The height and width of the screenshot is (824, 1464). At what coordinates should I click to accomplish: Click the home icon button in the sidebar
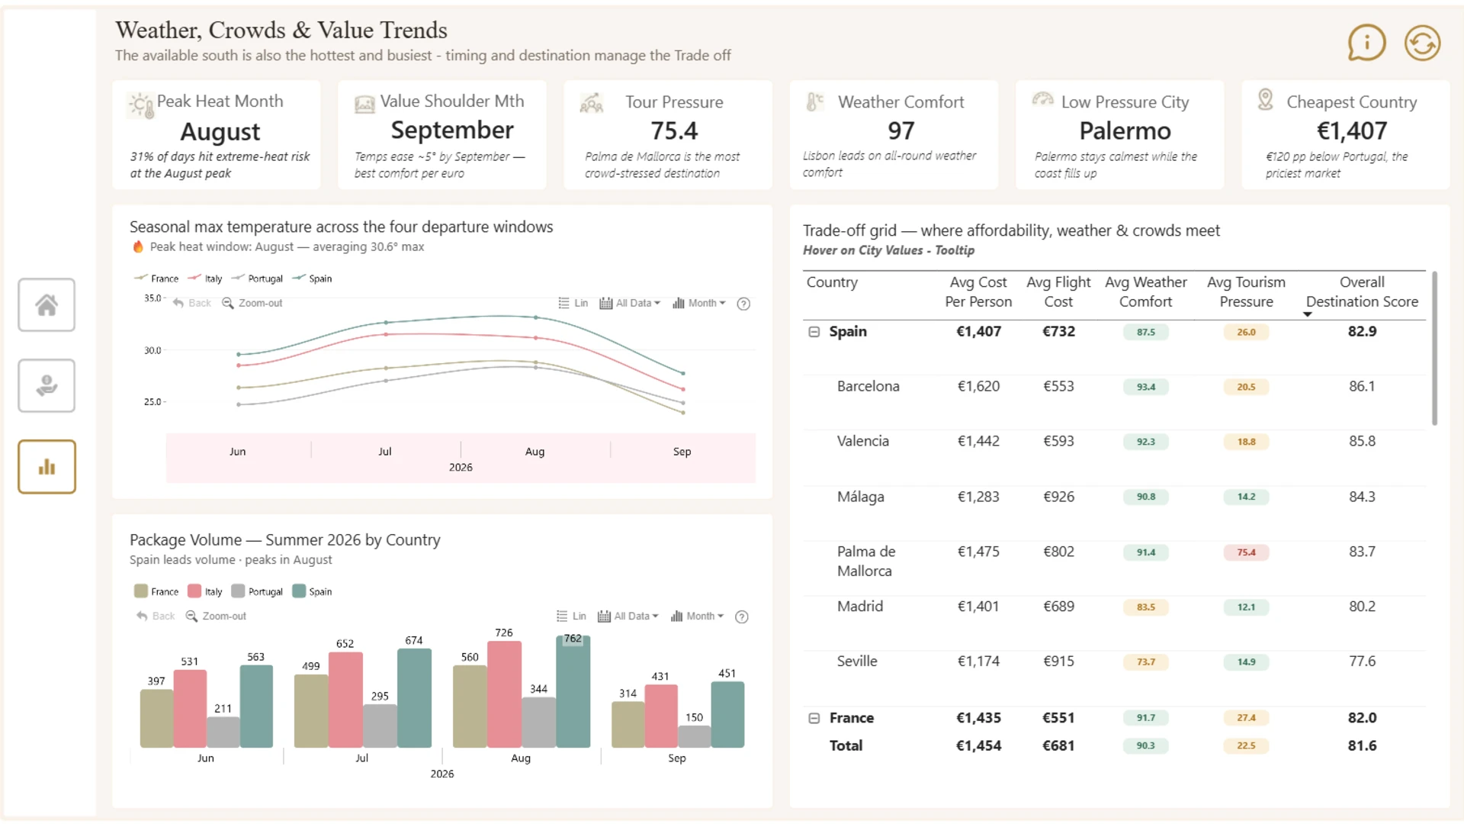pyautogui.click(x=47, y=305)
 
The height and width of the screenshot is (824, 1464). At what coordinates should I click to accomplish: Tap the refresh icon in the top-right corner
pyautogui.click(x=1422, y=43)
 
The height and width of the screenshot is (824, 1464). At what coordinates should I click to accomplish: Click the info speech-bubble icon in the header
pyautogui.click(x=1366, y=43)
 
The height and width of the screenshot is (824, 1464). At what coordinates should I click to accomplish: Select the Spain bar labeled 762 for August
pyautogui.click(x=573, y=691)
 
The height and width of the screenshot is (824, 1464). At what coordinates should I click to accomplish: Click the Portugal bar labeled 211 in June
pyautogui.click(x=223, y=732)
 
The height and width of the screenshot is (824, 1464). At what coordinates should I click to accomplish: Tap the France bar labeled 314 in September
pyautogui.click(x=628, y=724)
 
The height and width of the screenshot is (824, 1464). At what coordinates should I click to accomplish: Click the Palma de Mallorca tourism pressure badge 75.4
pyautogui.click(x=1246, y=552)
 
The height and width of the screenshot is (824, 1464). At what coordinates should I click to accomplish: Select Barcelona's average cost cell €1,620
pyautogui.click(x=978, y=387)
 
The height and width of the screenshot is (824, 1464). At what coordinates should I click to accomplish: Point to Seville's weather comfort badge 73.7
pyautogui.click(x=1145, y=662)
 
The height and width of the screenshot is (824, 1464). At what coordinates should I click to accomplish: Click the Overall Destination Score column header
pyautogui.click(x=1362, y=292)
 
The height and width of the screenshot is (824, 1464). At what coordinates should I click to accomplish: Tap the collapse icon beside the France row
pyautogui.click(x=814, y=718)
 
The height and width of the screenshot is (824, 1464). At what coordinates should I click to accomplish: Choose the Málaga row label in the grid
pyautogui.click(x=860, y=497)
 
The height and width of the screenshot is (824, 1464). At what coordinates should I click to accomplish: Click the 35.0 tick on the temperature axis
pyautogui.click(x=152, y=298)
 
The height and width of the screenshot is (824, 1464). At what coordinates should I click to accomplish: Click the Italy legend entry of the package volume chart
pyautogui.click(x=205, y=591)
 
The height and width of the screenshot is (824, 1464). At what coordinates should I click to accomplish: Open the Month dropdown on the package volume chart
pyautogui.click(x=697, y=616)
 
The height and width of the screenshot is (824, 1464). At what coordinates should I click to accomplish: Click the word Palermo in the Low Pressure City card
pyautogui.click(x=1125, y=131)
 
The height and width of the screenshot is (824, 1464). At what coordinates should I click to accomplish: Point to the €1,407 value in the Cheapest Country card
pyautogui.click(x=1352, y=131)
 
